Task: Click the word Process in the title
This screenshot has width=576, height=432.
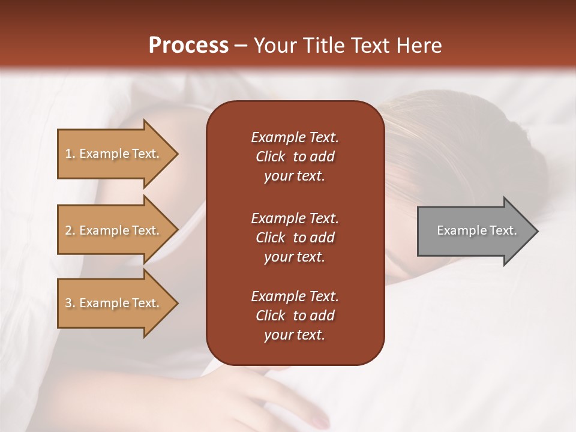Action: point(188,46)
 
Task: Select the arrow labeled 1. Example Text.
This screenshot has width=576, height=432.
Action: point(114,154)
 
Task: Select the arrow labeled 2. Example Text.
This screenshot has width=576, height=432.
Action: point(114,230)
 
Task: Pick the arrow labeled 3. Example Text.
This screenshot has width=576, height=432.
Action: point(114,303)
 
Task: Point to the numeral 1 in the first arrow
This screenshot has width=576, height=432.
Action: point(68,154)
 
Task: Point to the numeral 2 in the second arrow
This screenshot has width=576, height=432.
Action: point(68,231)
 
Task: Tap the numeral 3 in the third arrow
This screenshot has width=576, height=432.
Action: point(68,304)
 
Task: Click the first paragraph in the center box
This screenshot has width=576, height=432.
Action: point(295,157)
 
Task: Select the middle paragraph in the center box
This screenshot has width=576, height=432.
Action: point(295,238)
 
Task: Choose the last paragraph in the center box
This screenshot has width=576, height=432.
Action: point(295,316)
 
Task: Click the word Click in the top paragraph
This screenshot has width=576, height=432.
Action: point(271,157)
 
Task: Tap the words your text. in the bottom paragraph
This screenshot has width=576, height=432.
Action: point(295,335)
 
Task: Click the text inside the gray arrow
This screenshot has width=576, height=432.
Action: point(476,231)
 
